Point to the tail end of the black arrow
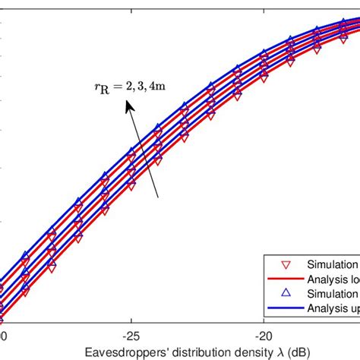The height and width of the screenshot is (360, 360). [x=158, y=198]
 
